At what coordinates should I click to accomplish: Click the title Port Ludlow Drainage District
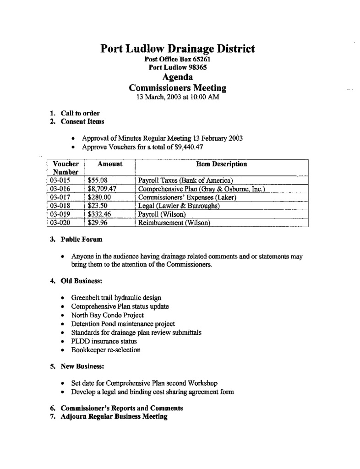[178, 49]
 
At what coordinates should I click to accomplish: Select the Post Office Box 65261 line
[178, 59]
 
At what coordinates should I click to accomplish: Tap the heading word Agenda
[178, 77]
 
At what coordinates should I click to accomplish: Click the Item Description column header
[221, 164]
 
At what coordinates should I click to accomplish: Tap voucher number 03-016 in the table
[60, 189]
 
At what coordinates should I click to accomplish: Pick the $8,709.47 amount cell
[104, 189]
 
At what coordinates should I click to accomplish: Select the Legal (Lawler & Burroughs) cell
[179, 206]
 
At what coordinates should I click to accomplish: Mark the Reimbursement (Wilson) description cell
[174, 223]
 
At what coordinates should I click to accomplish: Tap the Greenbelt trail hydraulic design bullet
[116, 298]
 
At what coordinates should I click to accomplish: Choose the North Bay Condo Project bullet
[107, 315]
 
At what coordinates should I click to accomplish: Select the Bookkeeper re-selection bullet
[106, 350]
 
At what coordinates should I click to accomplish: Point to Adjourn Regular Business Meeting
[114, 417]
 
